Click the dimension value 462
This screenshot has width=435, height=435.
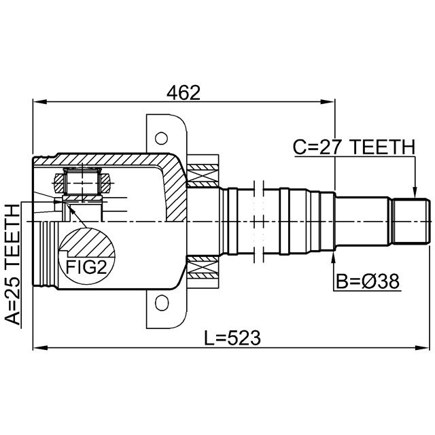(183, 92)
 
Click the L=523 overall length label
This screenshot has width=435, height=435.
(232, 338)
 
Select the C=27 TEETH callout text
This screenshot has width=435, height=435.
(354, 147)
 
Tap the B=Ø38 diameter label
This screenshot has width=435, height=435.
(368, 281)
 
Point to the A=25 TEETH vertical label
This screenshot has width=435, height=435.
(13, 264)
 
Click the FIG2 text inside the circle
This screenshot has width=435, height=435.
(86, 267)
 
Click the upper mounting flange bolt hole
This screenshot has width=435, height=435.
(161, 138)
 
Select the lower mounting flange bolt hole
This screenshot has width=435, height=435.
(162, 303)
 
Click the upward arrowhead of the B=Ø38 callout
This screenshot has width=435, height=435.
(334, 258)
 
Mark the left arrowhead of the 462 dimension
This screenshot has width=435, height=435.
(39, 102)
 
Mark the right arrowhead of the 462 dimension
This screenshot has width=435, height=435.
(328, 102)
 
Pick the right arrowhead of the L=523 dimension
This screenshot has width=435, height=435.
(422, 347)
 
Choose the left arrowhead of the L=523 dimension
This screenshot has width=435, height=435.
(39, 347)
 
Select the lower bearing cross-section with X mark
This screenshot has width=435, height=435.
(203, 267)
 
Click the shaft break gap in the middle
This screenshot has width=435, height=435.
(259, 221)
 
